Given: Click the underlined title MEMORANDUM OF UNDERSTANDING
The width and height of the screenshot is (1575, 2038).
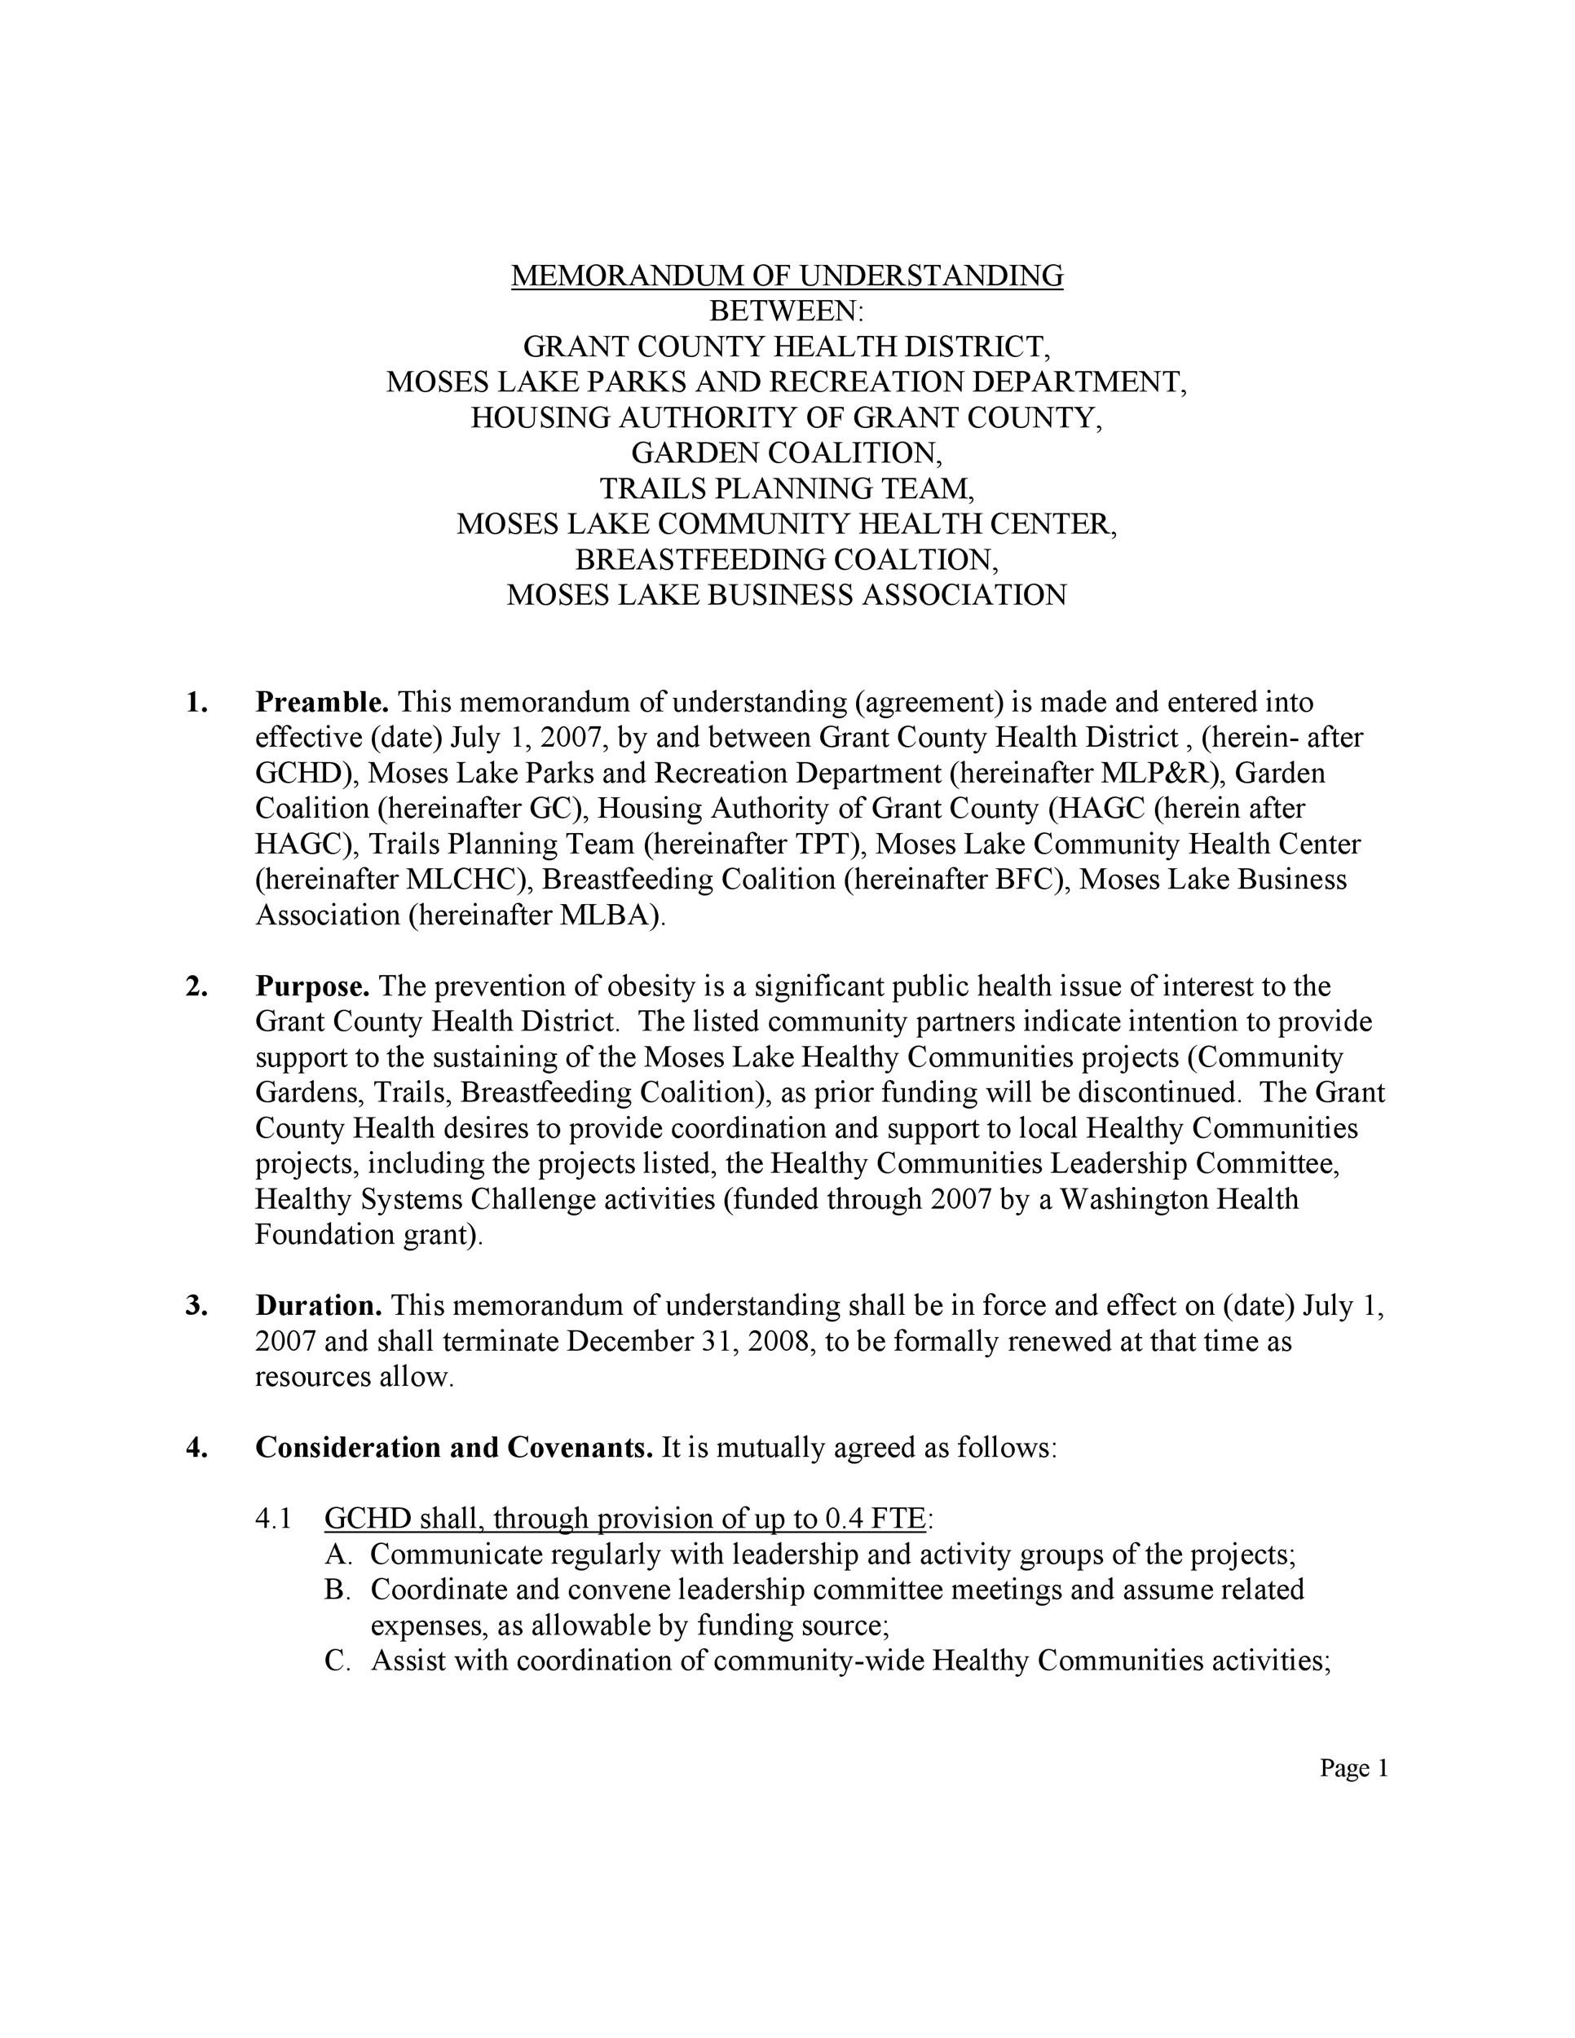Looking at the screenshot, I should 787,276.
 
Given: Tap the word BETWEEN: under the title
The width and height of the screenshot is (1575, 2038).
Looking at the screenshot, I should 787,311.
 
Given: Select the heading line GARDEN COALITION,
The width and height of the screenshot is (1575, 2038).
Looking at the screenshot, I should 787,452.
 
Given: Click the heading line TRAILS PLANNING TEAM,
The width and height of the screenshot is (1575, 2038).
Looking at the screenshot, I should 787,488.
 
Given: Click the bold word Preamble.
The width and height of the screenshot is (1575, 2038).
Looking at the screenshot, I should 322,702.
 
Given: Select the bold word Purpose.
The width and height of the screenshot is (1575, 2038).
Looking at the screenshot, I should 312,986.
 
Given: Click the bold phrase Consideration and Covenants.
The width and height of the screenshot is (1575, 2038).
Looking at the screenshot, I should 453,1447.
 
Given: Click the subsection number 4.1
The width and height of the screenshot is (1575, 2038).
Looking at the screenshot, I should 273,1520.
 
